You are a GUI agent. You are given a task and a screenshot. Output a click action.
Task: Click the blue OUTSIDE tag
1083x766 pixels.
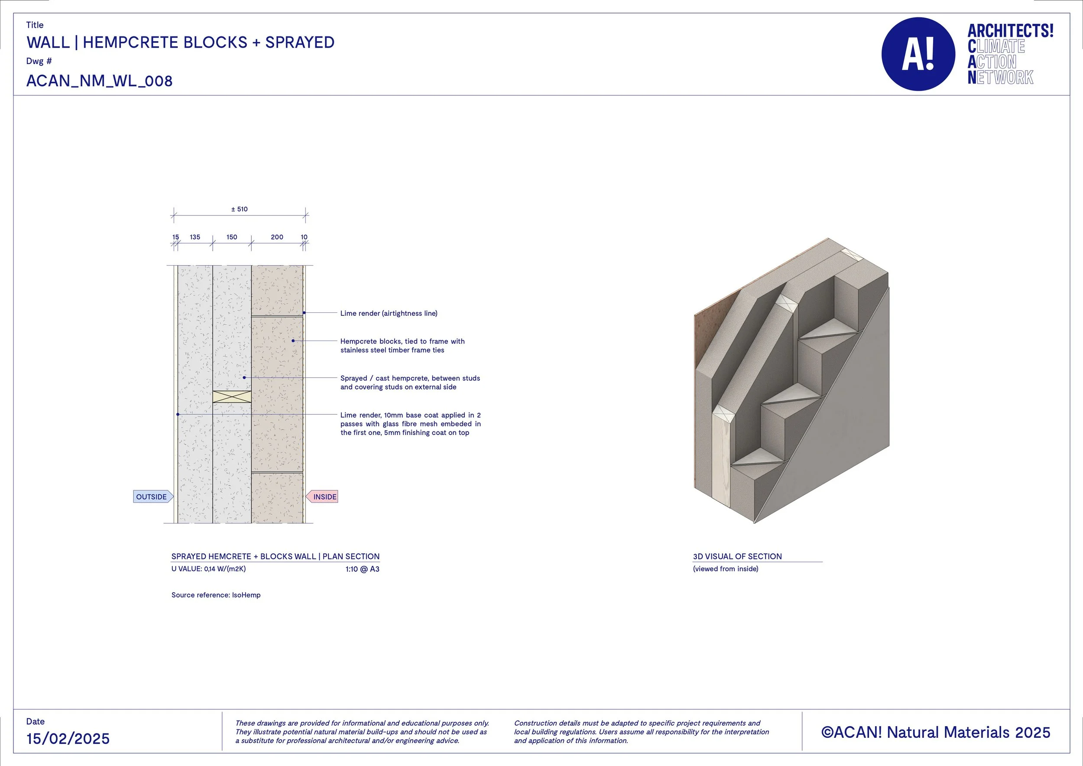(x=152, y=497)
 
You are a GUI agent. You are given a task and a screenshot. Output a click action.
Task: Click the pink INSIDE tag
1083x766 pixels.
(x=323, y=497)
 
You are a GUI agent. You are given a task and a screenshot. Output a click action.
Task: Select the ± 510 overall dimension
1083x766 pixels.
(x=240, y=209)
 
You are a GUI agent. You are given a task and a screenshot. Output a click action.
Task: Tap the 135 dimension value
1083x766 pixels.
(x=195, y=237)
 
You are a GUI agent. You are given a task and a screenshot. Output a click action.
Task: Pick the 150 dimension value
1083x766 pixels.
(x=232, y=237)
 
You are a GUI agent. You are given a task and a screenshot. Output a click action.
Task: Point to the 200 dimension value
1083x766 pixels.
(x=277, y=237)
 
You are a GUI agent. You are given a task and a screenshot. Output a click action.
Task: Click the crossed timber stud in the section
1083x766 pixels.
(x=232, y=396)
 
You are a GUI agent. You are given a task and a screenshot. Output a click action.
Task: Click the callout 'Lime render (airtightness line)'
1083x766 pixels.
(x=389, y=313)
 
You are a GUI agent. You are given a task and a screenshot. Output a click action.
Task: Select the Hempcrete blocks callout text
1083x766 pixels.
(x=402, y=345)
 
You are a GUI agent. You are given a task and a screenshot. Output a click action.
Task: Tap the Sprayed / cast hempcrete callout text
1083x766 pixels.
(x=410, y=383)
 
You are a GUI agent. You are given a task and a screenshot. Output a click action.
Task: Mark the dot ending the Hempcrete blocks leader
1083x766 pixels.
(x=293, y=341)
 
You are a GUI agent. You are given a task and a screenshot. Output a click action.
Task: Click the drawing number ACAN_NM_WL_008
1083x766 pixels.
(x=100, y=81)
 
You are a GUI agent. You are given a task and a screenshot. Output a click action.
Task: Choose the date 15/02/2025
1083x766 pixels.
(x=68, y=739)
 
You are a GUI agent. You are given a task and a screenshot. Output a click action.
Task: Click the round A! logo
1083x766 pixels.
(x=918, y=54)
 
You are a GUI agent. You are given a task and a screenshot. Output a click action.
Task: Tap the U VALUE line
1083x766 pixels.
(x=208, y=569)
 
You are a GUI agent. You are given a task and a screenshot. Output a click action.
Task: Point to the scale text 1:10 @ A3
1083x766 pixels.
(x=362, y=569)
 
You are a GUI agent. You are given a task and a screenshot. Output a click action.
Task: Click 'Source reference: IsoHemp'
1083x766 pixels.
(x=216, y=595)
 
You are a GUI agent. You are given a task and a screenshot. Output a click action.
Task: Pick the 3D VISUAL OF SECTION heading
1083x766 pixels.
(x=737, y=556)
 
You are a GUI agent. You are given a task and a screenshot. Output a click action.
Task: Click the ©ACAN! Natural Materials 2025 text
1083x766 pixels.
(x=936, y=732)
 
